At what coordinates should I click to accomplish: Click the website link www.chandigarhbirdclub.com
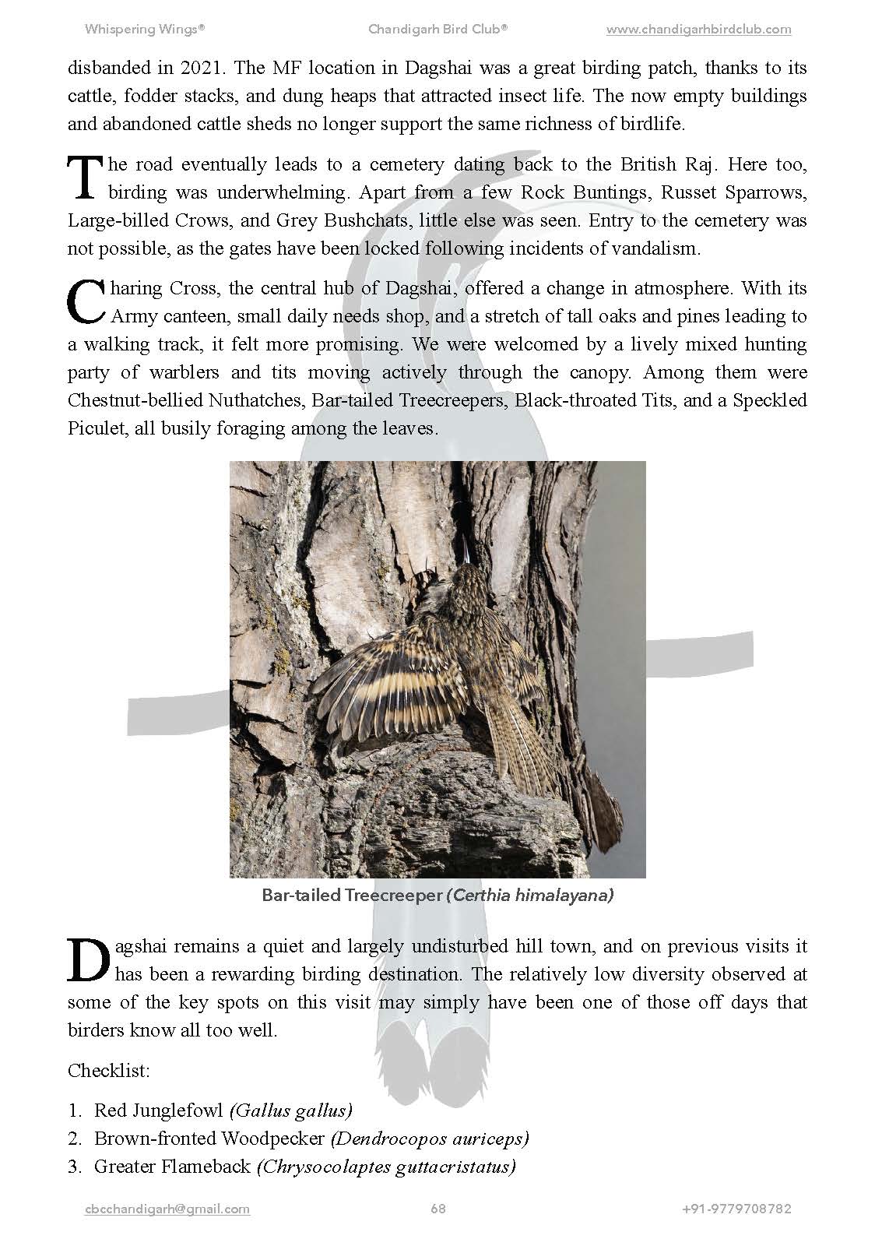pyautogui.click(x=698, y=30)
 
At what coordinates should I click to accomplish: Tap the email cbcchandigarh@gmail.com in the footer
pyautogui.click(x=167, y=1209)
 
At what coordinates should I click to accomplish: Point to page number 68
pyautogui.click(x=437, y=1209)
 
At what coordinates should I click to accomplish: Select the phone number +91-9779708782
pyautogui.click(x=736, y=1209)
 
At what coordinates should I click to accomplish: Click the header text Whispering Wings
pyautogui.click(x=144, y=30)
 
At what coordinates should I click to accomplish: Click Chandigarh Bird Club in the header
pyautogui.click(x=437, y=30)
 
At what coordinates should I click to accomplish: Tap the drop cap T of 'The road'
pyautogui.click(x=85, y=178)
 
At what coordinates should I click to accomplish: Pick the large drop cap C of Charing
pyautogui.click(x=86, y=302)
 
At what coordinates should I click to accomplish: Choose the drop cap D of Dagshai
pyautogui.click(x=88, y=960)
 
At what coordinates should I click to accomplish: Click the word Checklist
pyautogui.click(x=108, y=1070)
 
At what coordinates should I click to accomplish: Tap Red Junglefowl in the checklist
pyautogui.click(x=158, y=1110)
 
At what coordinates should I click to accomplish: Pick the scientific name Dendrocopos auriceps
pyautogui.click(x=430, y=1139)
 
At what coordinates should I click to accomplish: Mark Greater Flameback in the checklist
pyautogui.click(x=172, y=1167)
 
